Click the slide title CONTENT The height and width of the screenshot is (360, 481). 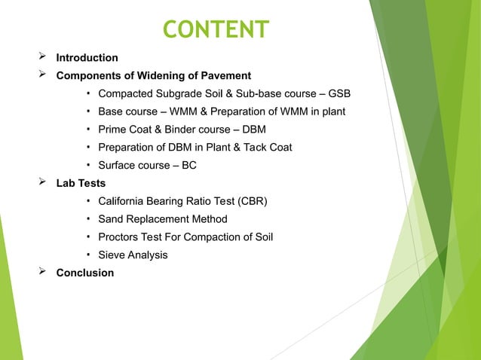click(216, 29)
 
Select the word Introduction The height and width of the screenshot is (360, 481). click(87, 58)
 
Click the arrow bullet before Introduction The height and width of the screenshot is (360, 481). click(43, 57)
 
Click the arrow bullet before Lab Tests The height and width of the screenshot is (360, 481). click(43, 183)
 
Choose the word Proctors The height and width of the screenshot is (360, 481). click(121, 237)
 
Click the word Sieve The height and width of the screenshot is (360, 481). click(112, 255)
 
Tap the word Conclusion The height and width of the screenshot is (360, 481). click(85, 273)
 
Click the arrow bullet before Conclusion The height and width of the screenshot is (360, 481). click(43, 273)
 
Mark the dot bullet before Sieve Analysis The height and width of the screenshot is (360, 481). click(89, 255)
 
